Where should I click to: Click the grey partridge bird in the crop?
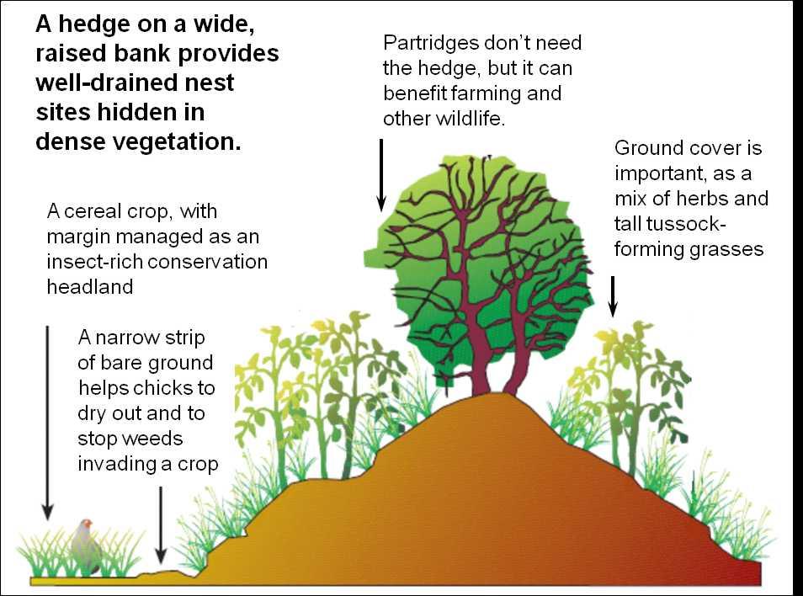pyautogui.click(x=87, y=547)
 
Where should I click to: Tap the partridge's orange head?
pyautogui.click(x=87, y=524)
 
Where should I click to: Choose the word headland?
pyautogui.click(x=90, y=287)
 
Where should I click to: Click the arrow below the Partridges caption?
pyautogui.click(x=381, y=175)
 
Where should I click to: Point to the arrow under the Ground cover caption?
pyautogui.click(x=613, y=296)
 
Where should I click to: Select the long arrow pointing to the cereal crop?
pyautogui.click(x=48, y=423)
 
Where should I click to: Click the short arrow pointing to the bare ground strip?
pyautogui.click(x=161, y=524)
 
